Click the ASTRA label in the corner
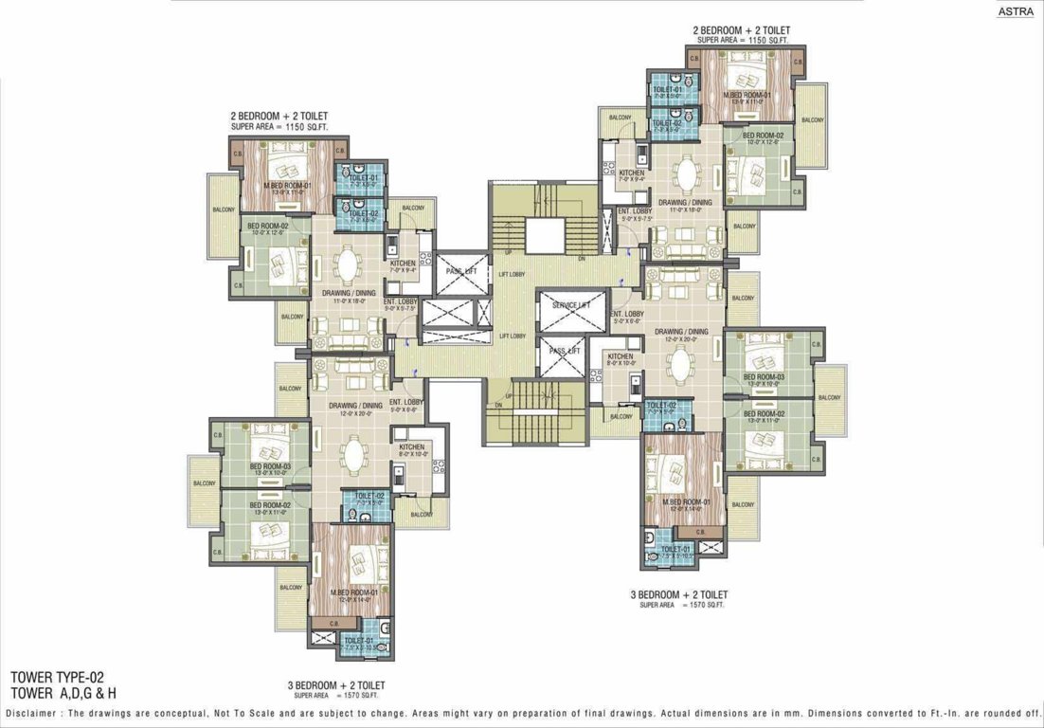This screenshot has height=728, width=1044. coord(1017,11)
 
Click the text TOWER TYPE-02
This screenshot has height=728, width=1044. coord(57,678)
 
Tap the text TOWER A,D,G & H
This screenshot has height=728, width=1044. coord(63,693)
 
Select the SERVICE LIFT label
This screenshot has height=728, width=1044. coord(571,305)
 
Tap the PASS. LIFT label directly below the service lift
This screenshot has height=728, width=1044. coord(565,351)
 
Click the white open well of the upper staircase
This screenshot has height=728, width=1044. coord(545,235)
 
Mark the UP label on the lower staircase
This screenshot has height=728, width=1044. coord(509,395)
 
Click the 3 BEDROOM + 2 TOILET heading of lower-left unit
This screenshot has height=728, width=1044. coord(336,684)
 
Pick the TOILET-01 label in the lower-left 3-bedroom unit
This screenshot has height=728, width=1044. coord(361,641)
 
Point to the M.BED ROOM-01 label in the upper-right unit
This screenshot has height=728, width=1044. coord(747,95)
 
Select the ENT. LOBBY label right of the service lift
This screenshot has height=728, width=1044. coord(626,314)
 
